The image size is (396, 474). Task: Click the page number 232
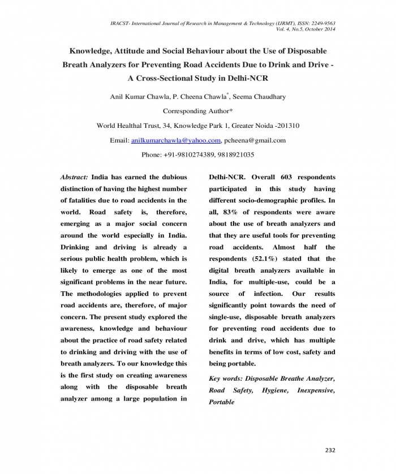click(330, 450)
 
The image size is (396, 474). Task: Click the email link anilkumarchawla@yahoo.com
click(176, 140)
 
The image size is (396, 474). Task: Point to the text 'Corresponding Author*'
click(197, 111)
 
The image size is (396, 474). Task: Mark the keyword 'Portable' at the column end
click(222, 402)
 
